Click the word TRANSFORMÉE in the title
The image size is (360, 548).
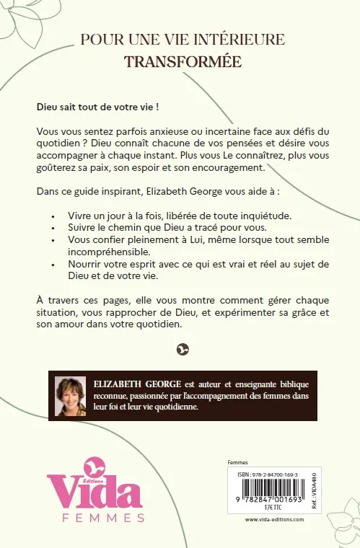(x=183, y=61)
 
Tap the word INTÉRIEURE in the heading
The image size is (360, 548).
(x=238, y=39)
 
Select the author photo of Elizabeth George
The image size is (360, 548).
(x=70, y=395)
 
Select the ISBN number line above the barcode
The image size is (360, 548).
(x=268, y=473)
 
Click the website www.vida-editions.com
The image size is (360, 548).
(x=271, y=519)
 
